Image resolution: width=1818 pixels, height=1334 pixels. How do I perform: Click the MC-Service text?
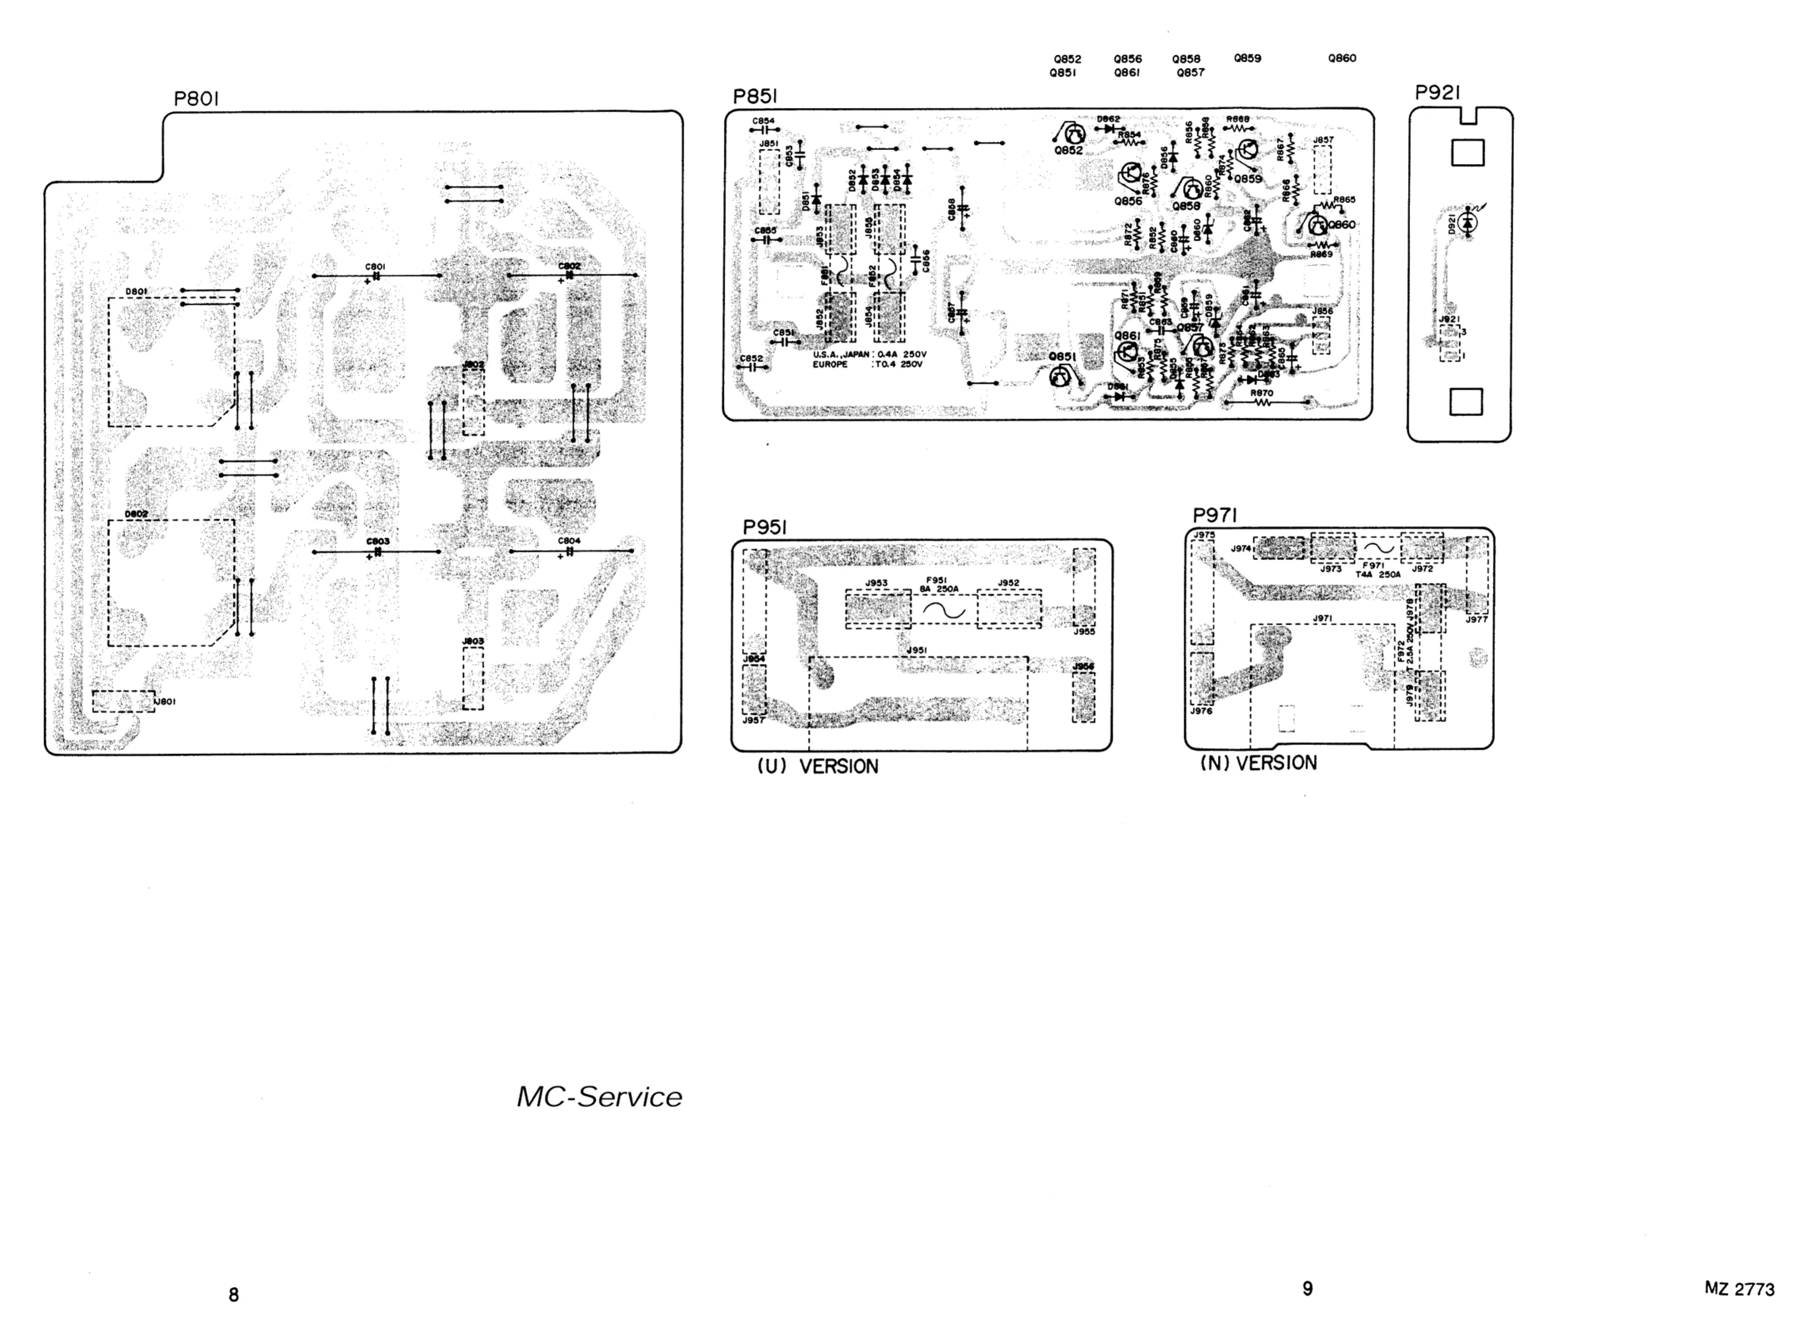coord(599,1097)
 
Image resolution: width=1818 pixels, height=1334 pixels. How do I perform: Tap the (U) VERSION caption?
coord(817,766)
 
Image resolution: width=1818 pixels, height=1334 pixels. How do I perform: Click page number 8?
coord(233,1295)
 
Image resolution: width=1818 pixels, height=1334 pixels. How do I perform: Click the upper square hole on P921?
coord(1467,153)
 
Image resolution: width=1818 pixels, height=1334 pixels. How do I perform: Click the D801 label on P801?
coord(136,292)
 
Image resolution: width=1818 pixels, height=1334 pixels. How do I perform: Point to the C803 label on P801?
coord(377,541)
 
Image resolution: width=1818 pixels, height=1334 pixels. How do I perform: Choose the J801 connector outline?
coord(123,701)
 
